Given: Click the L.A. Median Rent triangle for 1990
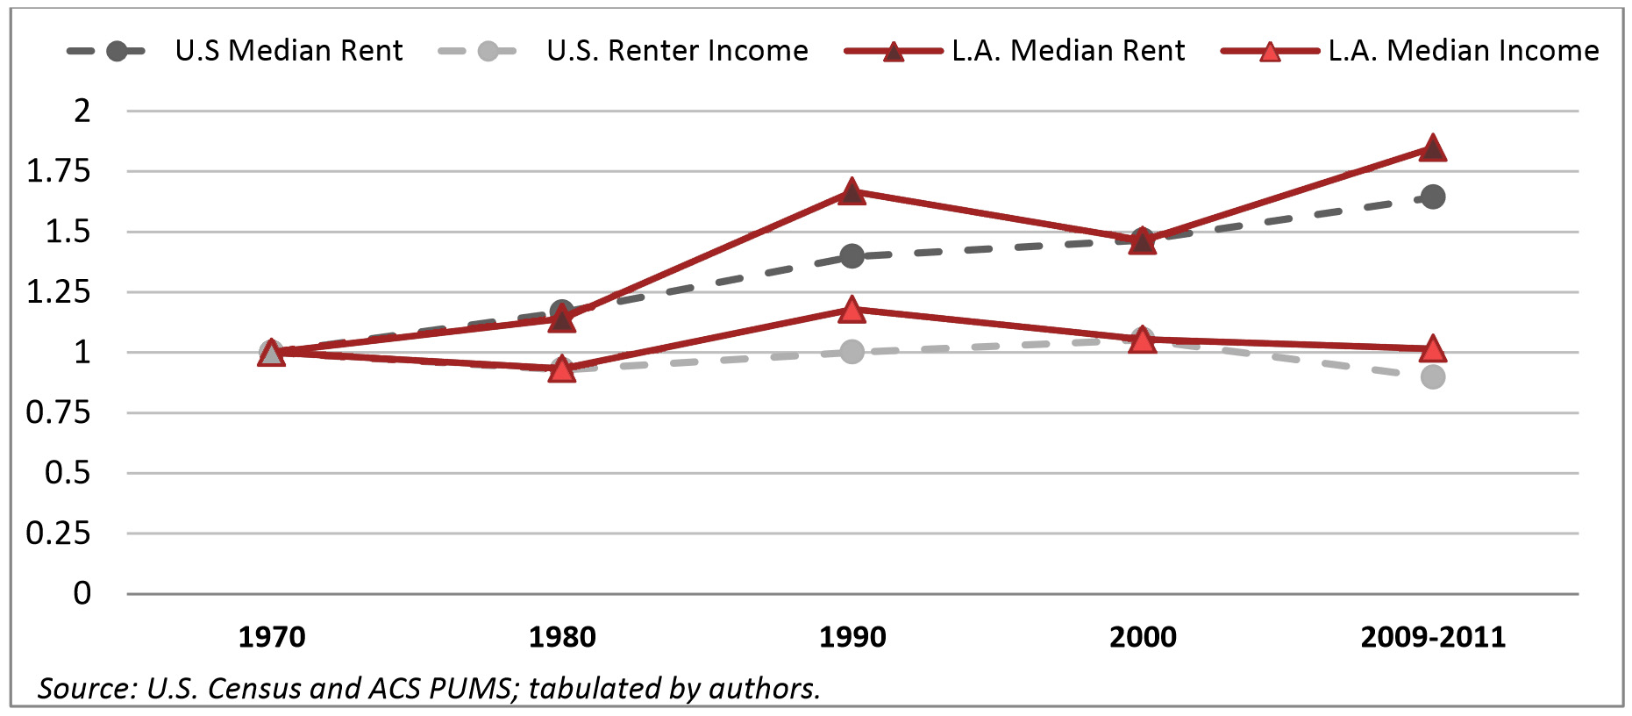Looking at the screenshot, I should (x=852, y=191).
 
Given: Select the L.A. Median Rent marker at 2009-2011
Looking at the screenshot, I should (x=1432, y=148).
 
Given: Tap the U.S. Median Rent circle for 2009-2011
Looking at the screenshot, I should (x=1433, y=197).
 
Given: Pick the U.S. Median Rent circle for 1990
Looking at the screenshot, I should (x=852, y=256).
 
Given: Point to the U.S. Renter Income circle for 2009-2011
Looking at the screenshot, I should (x=1433, y=377).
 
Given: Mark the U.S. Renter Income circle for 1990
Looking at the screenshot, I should (x=852, y=352).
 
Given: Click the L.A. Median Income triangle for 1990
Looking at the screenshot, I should (x=852, y=310).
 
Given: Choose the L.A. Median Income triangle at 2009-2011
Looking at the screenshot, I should (x=1432, y=349).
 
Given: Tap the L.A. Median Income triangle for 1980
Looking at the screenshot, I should (x=562, y=369).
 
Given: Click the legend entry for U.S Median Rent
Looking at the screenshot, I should (x=289, y=51).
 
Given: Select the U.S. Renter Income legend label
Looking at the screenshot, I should (x=677, y=51).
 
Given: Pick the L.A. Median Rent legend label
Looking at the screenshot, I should (x=1068, y=51).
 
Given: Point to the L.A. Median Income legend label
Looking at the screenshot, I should (x=1463, y=51).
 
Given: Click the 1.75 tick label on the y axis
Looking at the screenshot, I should (x=59, y=171).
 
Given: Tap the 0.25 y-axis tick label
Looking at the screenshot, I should (x=59, y=533).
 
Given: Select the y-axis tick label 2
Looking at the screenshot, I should (x=82, y=111).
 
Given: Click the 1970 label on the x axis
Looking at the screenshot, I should (x=272, y=637).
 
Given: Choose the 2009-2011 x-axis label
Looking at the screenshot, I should (x=1433, y=637).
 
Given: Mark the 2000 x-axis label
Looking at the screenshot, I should (x=1143, y=637).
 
